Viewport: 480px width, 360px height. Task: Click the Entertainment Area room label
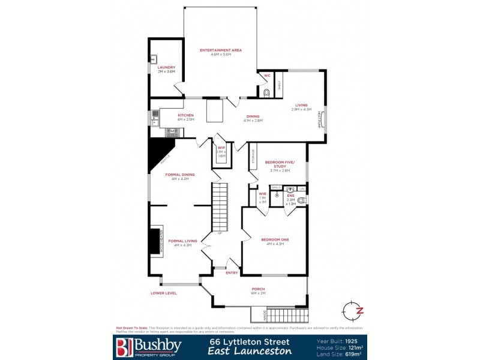(x=221, y=50)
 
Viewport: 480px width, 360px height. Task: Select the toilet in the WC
(x=266, y=92)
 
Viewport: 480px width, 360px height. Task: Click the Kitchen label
(x=185, y=115)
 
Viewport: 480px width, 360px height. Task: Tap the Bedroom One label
(x=275, y=239)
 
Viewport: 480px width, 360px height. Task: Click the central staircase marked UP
(x=220, y=207)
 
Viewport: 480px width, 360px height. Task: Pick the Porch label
(x=258, y=289)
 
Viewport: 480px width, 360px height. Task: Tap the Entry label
(x=232, y=273)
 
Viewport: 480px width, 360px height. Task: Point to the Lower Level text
(x=164, y=293)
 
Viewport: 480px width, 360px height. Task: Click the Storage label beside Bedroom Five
(x=253, y=157)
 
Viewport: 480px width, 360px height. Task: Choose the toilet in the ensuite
(x=301, y=200)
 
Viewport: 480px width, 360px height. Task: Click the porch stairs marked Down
(x=286, y=315)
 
